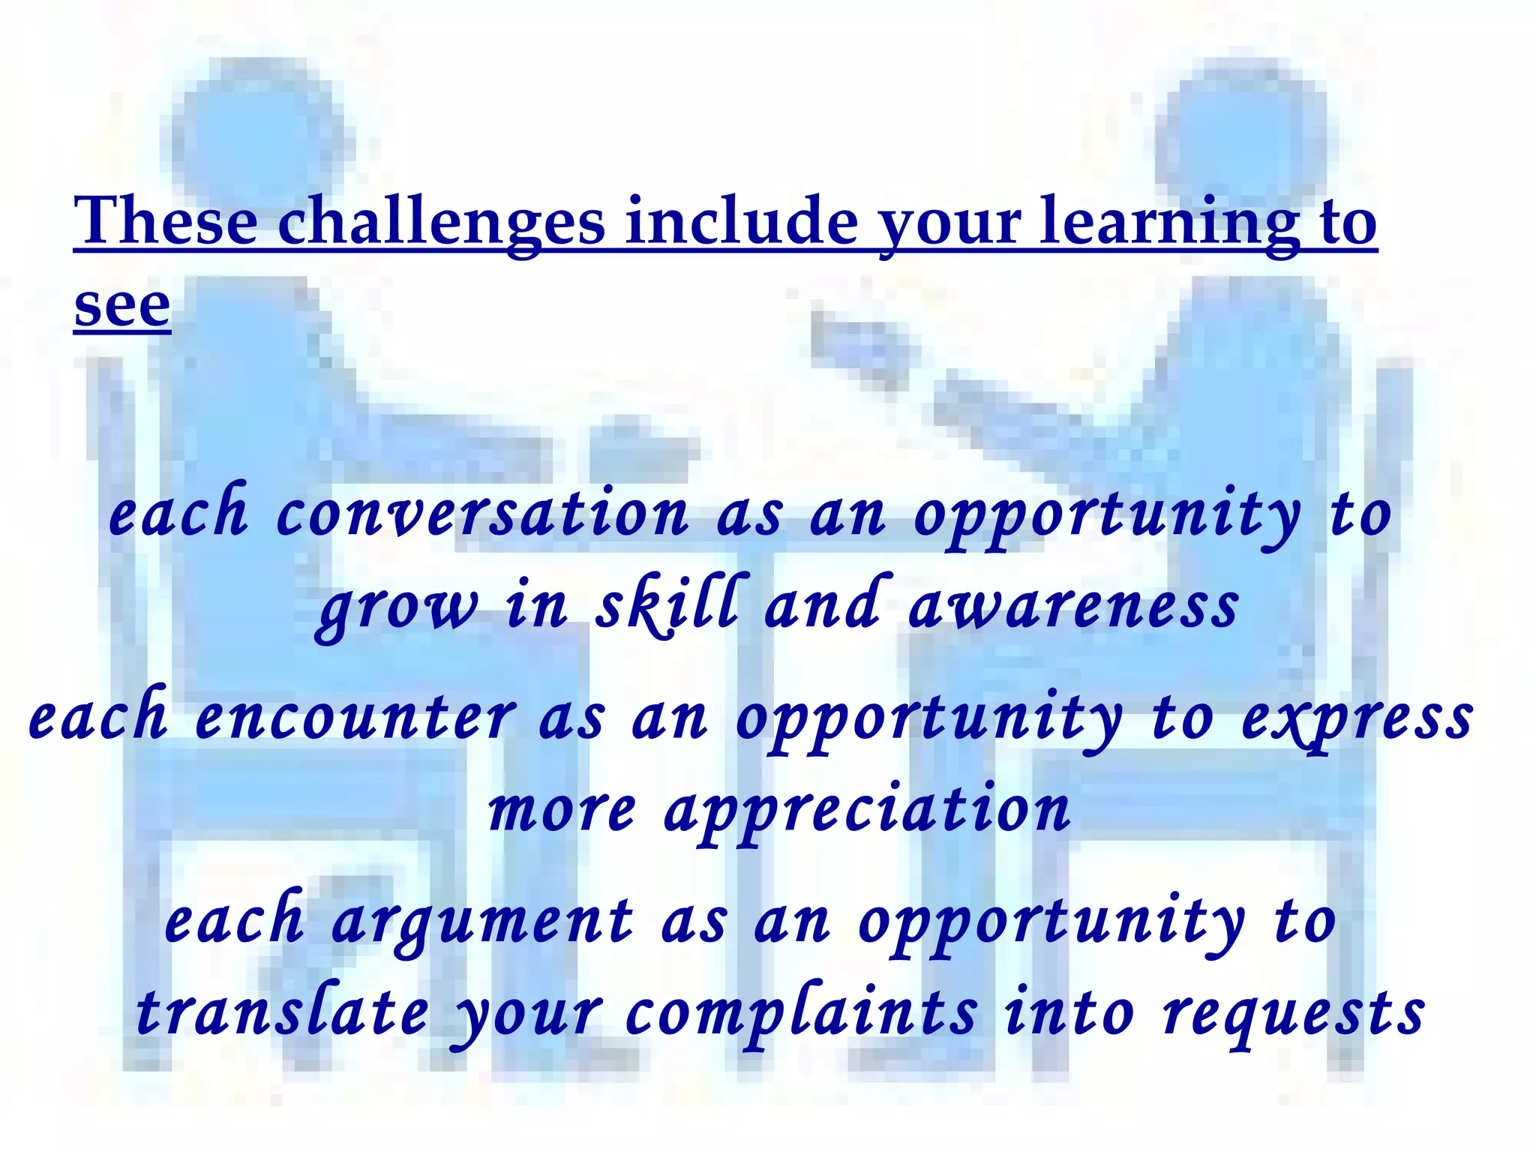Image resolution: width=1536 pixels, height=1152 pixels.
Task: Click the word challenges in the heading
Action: pyautogui.click(x=441, y=222)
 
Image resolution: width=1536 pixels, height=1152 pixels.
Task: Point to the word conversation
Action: pyautogui.click(x=482, y=514)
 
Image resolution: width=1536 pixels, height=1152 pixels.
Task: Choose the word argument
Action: pyautogui.click(x=482, y=922)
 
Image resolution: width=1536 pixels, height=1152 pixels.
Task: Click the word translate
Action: pyautogui.click(x=283, y=1012)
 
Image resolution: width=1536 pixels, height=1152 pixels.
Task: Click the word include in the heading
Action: pyautogui.click(x=742, y=222)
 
